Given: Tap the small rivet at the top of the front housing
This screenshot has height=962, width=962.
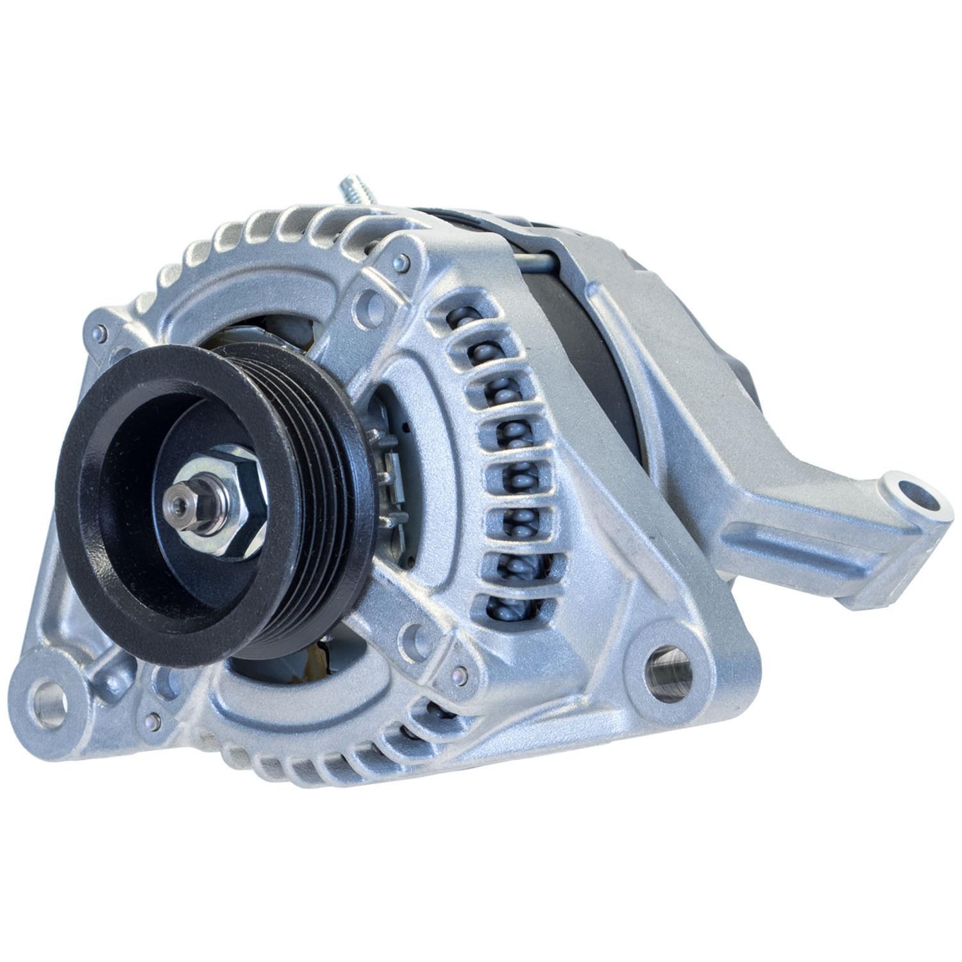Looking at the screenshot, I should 401,260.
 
